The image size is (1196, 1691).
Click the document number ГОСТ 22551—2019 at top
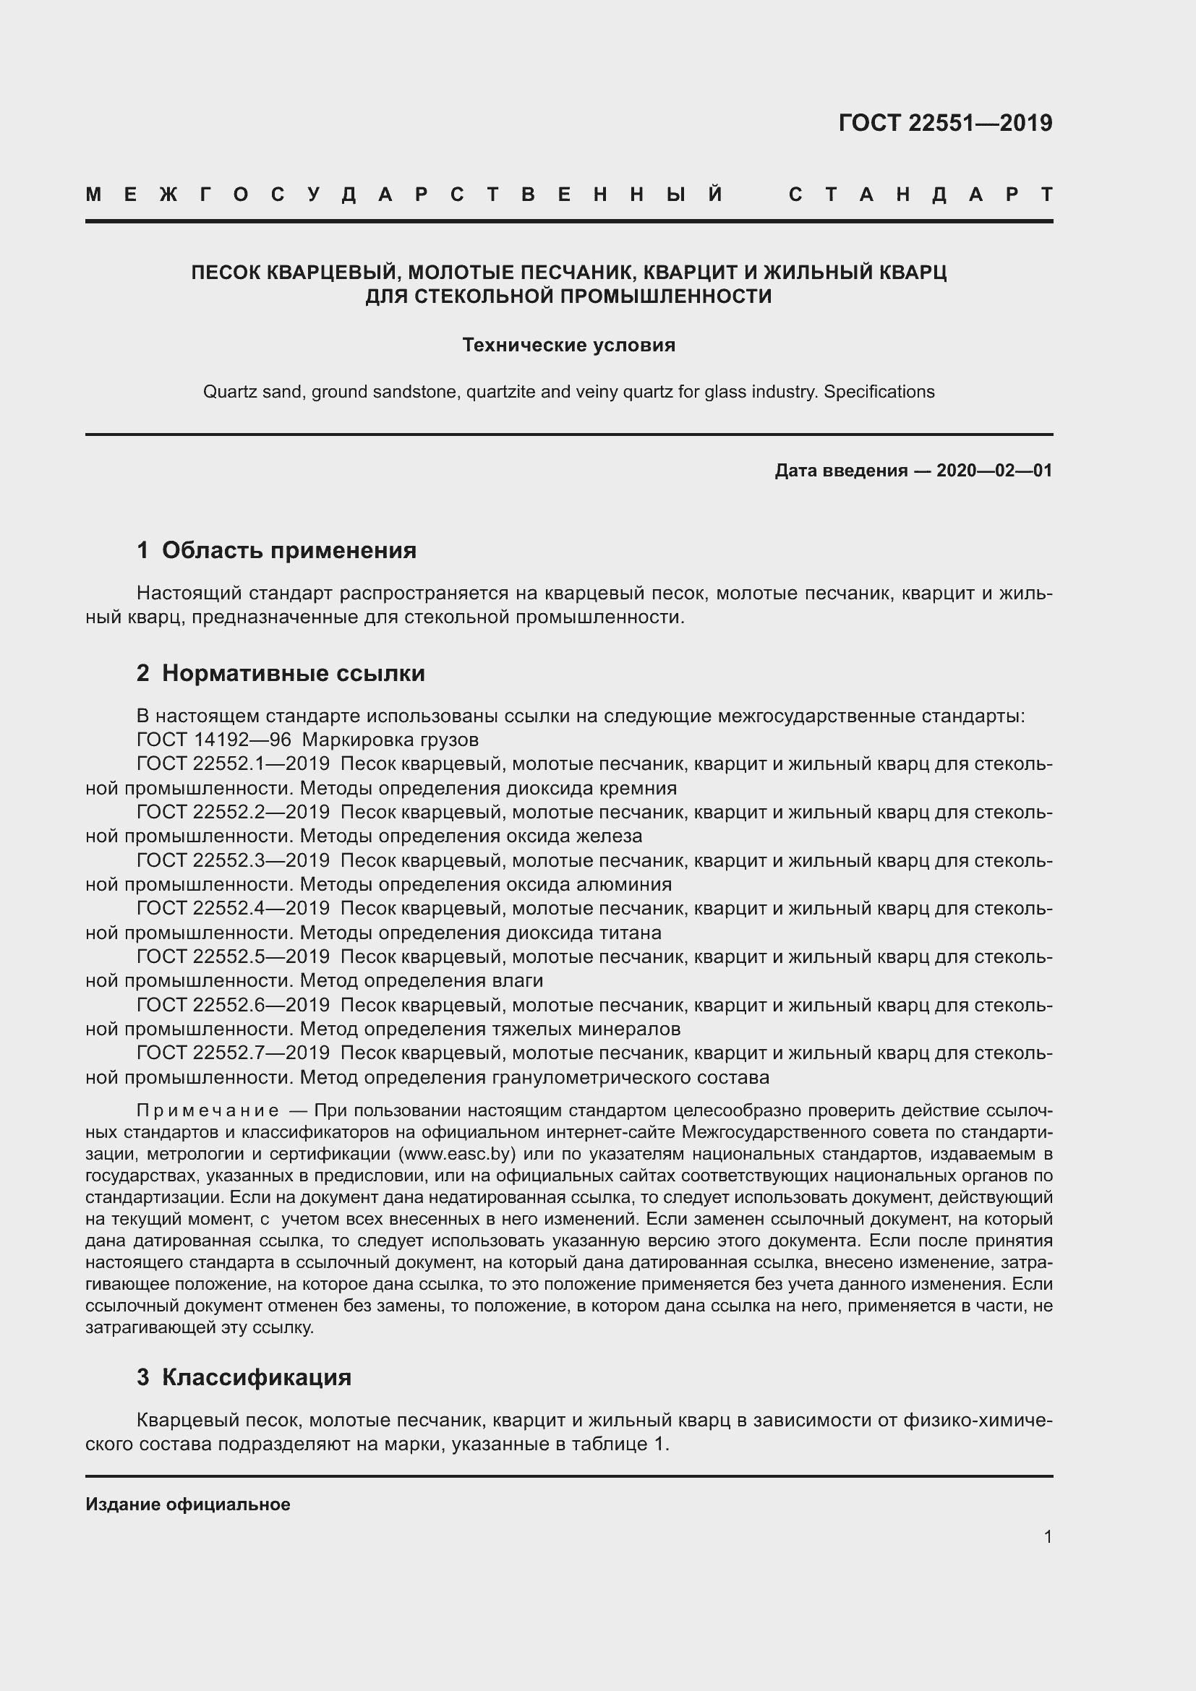pyautogui.click(x=945, y=123)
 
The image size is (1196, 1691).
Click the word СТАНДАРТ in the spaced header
pyautogui.click(x=921, y=194)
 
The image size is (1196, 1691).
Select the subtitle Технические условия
pyautogui.click(x=568, y=345)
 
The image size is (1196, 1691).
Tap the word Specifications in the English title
pyautogui.click(x=879, y=392)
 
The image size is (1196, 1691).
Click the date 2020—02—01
pyautogui.click(x=994, y=471)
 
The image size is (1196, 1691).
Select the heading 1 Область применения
pyautogui.click(x=276, y=550)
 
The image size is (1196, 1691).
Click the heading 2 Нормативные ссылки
pyautogui.click(x=281, y=673)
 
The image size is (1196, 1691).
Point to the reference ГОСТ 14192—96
pyautogui.click(x=213, y=740)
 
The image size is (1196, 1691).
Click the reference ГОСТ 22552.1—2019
pyautogui.click(x=233, y=763)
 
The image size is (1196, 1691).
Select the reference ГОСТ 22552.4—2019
pyautogui.click(x=233, y=909)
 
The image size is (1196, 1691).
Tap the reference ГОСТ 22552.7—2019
pyautogui.click(x=233, y=1053)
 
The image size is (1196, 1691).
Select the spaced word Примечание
pyautogui.click(x=208, y=1110)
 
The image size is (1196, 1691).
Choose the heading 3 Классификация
pyautogui.click(x=244, y=1377)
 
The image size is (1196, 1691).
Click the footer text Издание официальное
pyautogui.click(x=188, y=1504)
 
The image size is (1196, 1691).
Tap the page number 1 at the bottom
pyautogui.click(x=1047, y=1536)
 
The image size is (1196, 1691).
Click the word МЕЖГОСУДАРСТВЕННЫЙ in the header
pyautogui.click(x=403, y=194)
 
